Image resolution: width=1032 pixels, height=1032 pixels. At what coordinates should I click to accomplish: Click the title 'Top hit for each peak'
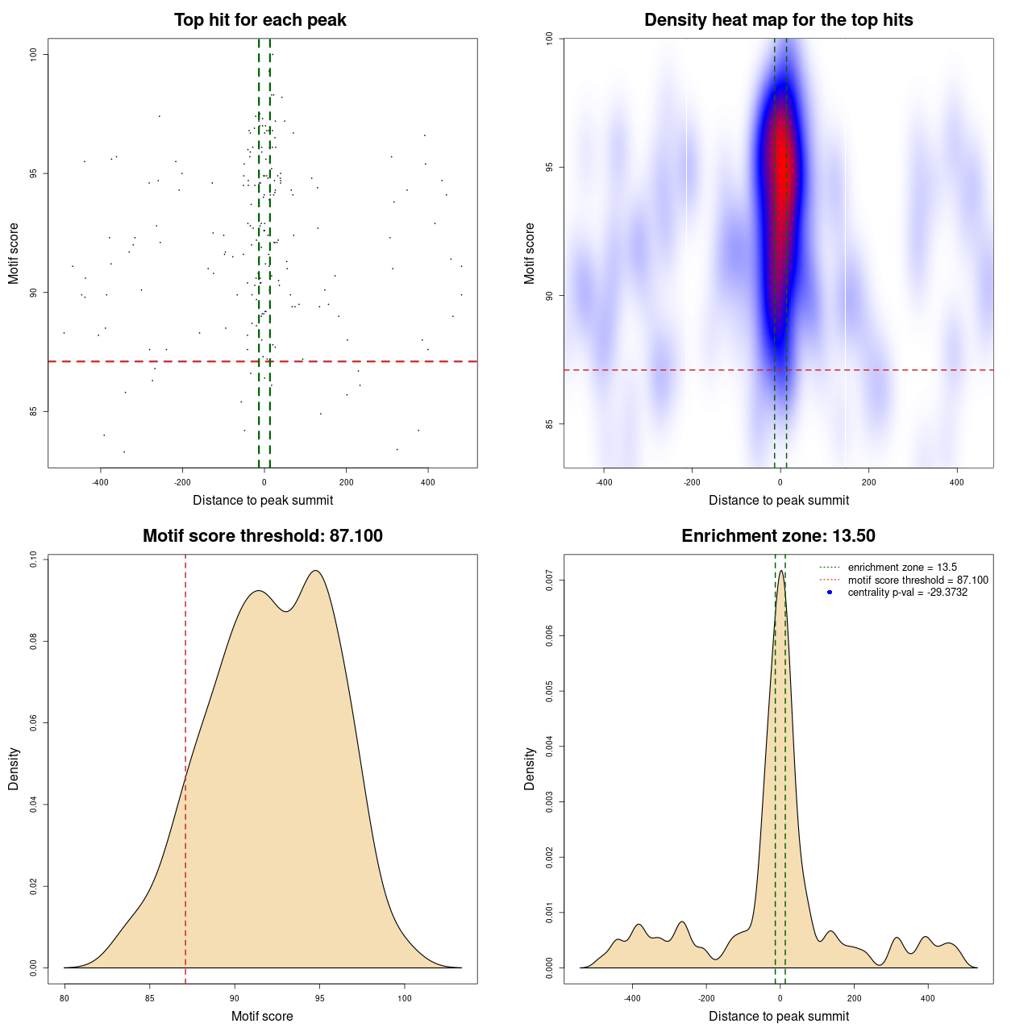coord(260,20)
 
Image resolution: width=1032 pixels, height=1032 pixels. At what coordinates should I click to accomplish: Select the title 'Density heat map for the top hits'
coord(779,20)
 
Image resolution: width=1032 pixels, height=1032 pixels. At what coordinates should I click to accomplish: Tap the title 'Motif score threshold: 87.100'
coord(263,536)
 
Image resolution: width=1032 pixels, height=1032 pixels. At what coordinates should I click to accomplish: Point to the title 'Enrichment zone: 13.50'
coord(779,536)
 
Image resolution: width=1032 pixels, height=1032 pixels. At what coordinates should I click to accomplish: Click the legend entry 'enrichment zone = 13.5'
coord(902,568)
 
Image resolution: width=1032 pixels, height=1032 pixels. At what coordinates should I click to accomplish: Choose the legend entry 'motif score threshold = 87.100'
coord(918,580)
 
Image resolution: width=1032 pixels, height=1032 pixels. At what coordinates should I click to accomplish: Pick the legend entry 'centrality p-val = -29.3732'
coord(907,593)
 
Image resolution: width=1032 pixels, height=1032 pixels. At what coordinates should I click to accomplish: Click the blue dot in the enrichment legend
coord(830,593)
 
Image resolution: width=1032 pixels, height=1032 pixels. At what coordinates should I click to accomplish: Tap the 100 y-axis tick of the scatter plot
coord(34,54)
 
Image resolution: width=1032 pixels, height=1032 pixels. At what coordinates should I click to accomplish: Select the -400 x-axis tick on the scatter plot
coord(100,482)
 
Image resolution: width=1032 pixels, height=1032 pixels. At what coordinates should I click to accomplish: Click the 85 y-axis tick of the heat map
coord(550,424)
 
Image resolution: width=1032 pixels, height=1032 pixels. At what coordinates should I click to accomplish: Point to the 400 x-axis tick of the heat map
coord(957,482)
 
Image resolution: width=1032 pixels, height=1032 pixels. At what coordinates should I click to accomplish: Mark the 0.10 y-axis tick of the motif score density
coord(34,560)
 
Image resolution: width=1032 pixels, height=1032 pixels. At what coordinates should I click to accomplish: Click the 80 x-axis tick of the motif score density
coord(64,998)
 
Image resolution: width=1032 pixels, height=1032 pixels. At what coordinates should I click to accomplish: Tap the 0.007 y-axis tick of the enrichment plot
coord(550,580)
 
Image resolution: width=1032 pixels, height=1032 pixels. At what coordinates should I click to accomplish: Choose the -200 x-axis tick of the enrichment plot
coord(706,998)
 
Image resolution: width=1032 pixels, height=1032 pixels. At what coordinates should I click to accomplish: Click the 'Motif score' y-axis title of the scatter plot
coord(14,253)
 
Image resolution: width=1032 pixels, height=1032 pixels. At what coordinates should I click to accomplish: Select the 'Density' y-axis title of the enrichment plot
coord(530,769)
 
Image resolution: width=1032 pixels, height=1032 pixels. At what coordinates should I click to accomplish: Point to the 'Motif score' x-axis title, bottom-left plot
coord(262,1017)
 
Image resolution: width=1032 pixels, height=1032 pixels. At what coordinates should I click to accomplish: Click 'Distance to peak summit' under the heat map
coord(779,501)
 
